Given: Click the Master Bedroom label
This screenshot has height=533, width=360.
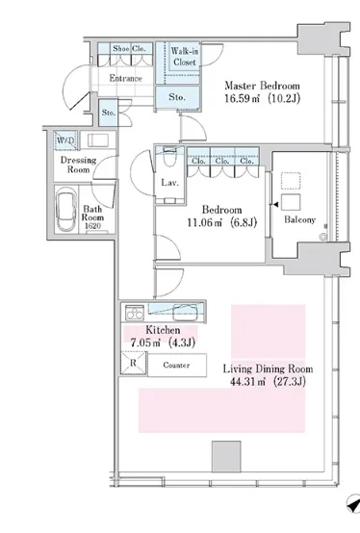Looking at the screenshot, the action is (262, 86).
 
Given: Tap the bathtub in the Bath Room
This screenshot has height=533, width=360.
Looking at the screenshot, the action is (66, 210).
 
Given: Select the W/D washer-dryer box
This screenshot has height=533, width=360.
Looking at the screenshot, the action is (65, 140).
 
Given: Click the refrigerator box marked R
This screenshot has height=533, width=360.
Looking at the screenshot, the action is (133, 363).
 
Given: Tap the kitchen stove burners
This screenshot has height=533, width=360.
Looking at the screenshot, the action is (135, 313).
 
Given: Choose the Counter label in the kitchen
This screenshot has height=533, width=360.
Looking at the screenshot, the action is (176, 365).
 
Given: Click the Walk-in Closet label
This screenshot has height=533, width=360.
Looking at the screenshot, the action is (185, 57).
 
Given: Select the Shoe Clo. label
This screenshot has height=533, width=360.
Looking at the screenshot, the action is (129, 49).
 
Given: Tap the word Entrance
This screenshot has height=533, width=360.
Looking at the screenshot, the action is (125, 79).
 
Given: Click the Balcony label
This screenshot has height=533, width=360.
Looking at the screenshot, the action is (299, 220).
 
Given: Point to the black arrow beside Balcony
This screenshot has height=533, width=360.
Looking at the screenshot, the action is (276, 205).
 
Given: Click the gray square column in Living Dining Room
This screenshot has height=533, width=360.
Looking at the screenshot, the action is (226, 457).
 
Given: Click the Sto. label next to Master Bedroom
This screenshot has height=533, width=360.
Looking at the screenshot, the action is (177, 97).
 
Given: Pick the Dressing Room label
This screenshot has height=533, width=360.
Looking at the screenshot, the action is (79, 165).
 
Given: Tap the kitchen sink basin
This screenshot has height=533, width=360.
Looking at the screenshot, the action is (185, 313).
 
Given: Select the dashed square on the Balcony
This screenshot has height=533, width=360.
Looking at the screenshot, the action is (291, 181).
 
